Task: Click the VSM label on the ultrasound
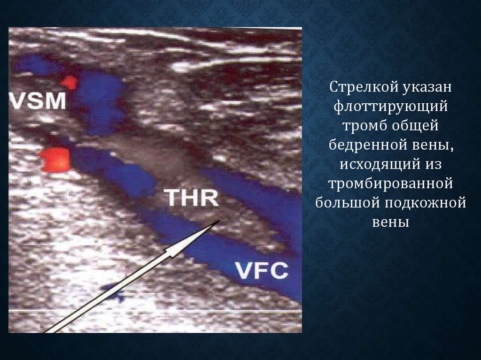click(x=38, y=101)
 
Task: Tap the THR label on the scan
click(x=191, y=198)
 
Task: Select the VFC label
click(x=261, y=270)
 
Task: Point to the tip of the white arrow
click(x=220, y=221)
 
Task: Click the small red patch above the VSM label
click(x=69, y=82)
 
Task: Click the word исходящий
click(x=379, y=165)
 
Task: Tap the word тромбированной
click(x=391, y=184)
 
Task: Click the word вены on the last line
click(x=390, y=222)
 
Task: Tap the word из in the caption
click(x=433, y=165)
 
